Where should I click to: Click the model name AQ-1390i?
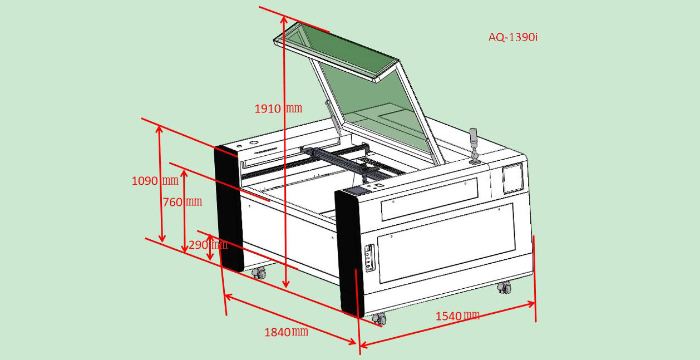(513, 37)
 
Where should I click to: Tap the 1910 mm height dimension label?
(278, 109)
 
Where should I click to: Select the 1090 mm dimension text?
(155, 181)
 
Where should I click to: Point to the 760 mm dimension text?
(182, 202)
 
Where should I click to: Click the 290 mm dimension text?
(208, 244)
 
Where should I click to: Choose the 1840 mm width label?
(286, 332)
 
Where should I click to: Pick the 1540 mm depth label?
(457, 316)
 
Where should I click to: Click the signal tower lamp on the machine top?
(474, 146)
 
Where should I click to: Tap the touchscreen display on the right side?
(512, 179)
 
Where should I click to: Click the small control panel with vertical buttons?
(369, 258)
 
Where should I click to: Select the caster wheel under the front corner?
(379, 319)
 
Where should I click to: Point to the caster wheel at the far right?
(504, 287)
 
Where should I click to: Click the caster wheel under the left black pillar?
(259, 273)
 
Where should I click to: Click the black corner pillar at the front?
(349, 253)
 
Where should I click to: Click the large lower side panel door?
(446, 244)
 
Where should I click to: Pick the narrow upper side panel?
(430, 199)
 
